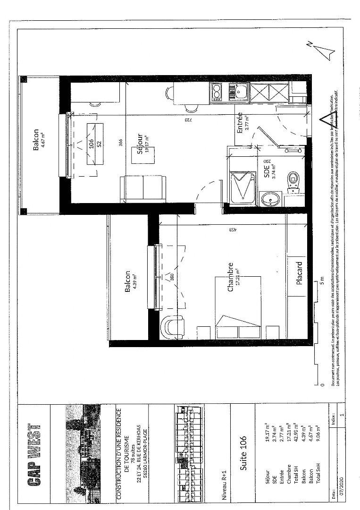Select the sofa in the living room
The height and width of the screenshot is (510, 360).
tap(143, 188)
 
